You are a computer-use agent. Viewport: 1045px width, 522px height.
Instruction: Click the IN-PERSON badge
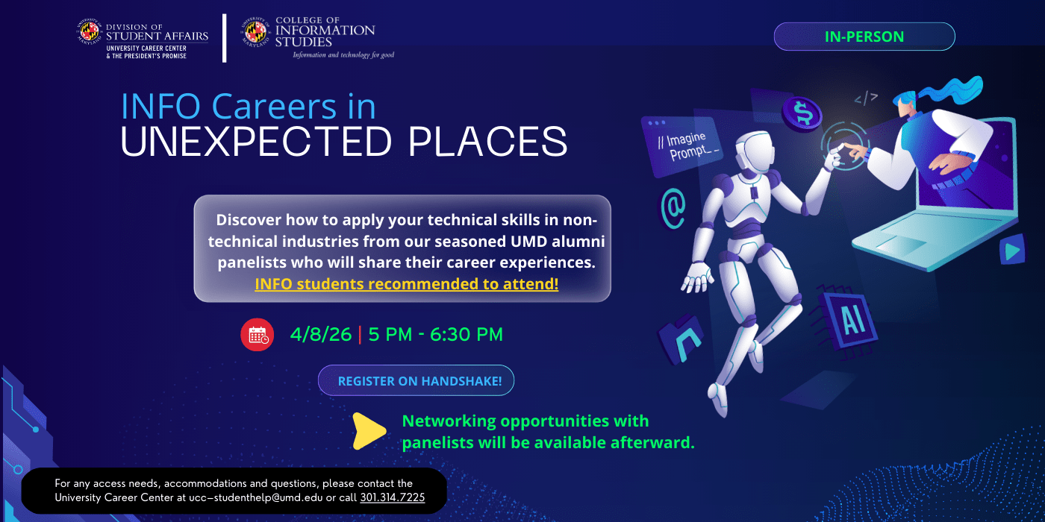click(x=864, y=37)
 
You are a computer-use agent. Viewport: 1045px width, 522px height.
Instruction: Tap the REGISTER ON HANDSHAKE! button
click(x=416, y=381)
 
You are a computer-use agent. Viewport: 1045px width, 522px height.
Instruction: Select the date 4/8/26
click(x=321, y=335)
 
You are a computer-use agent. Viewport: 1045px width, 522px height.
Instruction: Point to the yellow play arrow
click(x=369, y=431)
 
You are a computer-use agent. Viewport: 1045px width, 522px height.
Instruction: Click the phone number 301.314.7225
click(x=392, y=497)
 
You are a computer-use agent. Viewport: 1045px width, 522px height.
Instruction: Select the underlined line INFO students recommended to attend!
click(x=406, y=284)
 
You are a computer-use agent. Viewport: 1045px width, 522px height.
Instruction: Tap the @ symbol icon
click(x=673, y=207)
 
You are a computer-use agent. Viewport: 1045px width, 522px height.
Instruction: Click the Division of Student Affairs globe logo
click(x=90, y=32)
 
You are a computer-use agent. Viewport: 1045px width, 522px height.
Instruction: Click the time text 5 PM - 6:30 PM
click(x=435, y=335)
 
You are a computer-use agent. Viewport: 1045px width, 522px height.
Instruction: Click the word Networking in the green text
click(x=449, y=421)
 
